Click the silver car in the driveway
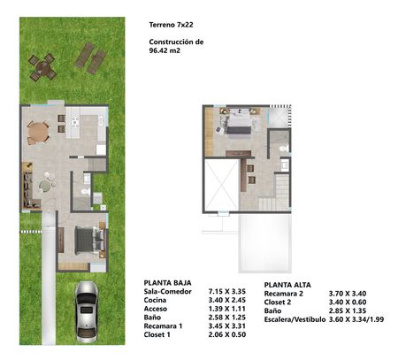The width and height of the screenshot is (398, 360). [87, 312]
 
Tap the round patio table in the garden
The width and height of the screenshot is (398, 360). [42, 67]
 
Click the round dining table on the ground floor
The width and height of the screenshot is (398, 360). [38, 134]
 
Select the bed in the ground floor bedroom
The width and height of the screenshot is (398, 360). [90, 241]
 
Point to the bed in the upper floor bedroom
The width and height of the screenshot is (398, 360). [239, 123]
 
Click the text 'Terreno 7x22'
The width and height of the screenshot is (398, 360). [171, 25]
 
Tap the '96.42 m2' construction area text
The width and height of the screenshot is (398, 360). [165, 50]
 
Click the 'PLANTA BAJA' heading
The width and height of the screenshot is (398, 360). [167, 283]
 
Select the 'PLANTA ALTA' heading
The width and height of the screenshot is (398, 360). [287, 285]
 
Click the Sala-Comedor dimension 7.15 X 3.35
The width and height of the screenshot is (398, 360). [227, 291]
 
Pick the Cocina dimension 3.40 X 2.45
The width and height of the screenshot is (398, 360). [227, 300]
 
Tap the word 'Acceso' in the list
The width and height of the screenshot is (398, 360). [156, 309]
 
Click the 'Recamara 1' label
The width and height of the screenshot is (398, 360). [163, 326]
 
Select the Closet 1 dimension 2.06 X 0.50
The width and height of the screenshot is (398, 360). [227, 334]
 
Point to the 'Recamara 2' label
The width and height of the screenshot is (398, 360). [284, 294]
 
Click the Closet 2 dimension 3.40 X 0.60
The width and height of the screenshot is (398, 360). [348, 302]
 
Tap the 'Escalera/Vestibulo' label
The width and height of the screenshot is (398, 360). [295, 319]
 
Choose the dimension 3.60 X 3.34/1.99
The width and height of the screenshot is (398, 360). [356, 319]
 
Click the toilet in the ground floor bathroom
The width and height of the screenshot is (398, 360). [86, 192]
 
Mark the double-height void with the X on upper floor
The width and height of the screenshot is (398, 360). [221, 185]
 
